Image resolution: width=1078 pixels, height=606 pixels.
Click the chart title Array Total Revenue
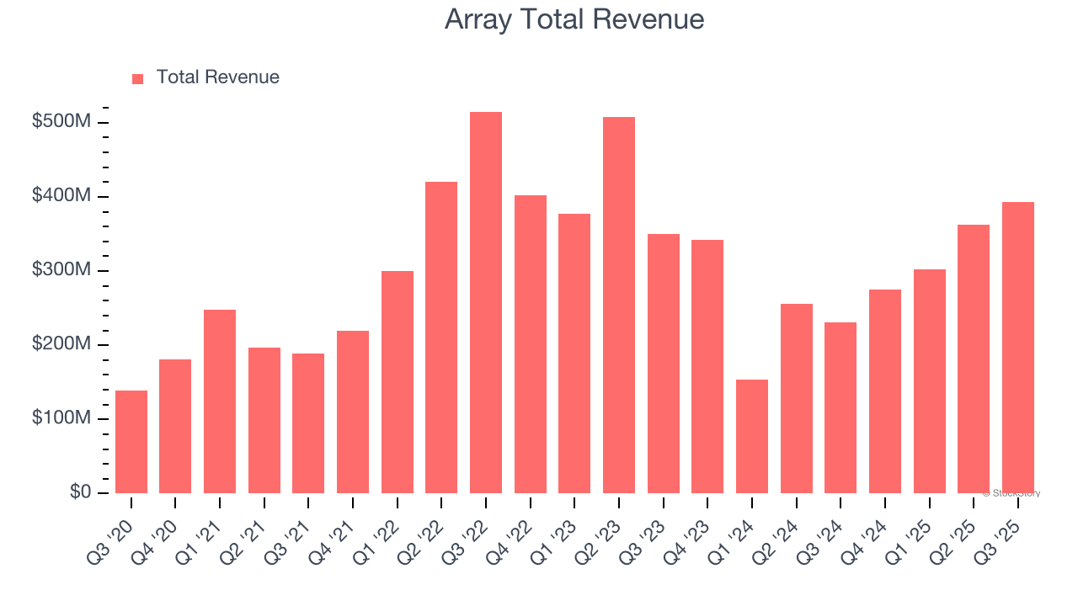coord(574,19)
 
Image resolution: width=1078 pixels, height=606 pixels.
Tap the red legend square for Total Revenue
coord(138,78)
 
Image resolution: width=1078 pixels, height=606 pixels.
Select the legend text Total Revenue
coord(217,77)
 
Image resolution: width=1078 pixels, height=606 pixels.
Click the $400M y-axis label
coord(61,196)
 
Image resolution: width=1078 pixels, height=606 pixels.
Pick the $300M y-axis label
coord(61,270)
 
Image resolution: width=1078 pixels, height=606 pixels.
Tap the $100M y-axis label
coord(61,418)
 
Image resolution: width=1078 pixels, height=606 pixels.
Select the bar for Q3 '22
coord(486,303)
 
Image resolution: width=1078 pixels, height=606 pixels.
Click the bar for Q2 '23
coord(619,305)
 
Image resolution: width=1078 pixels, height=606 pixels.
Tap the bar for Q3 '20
coord(131,442)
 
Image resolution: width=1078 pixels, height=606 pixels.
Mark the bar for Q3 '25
coord(1018,347)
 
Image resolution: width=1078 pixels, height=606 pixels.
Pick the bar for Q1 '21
coord(220,401)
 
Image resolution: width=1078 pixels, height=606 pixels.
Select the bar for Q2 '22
coord(441,337)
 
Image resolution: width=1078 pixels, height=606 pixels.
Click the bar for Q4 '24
coord(885,391)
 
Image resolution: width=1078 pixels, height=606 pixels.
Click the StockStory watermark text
coord(1011,493)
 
